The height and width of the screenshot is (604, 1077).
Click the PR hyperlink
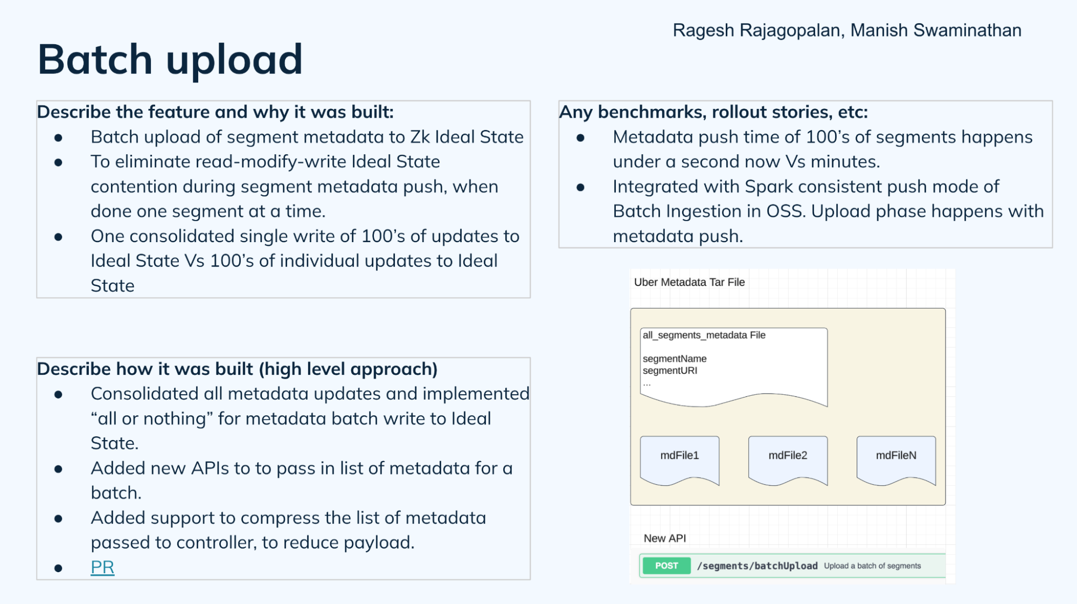[102, 567]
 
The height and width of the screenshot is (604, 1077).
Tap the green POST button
[666, 566]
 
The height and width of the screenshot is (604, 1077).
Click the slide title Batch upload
[170, 59]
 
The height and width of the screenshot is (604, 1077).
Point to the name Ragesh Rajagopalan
[756, 30]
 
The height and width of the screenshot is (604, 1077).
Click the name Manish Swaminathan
[936, 30]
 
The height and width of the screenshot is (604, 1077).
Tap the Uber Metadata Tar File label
[689, 282]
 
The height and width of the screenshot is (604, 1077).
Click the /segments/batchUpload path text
[757, 566]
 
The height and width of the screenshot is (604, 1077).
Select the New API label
[664, 538]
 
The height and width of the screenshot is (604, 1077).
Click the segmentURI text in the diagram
[670, 370]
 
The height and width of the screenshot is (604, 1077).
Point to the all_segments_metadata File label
[704, 335]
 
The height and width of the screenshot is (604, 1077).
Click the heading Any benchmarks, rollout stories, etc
[713, 112]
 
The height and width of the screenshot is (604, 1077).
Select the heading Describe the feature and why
[215, 112]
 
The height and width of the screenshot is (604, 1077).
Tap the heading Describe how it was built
[237, 369]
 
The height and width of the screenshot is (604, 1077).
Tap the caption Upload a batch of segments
[872, 566]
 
